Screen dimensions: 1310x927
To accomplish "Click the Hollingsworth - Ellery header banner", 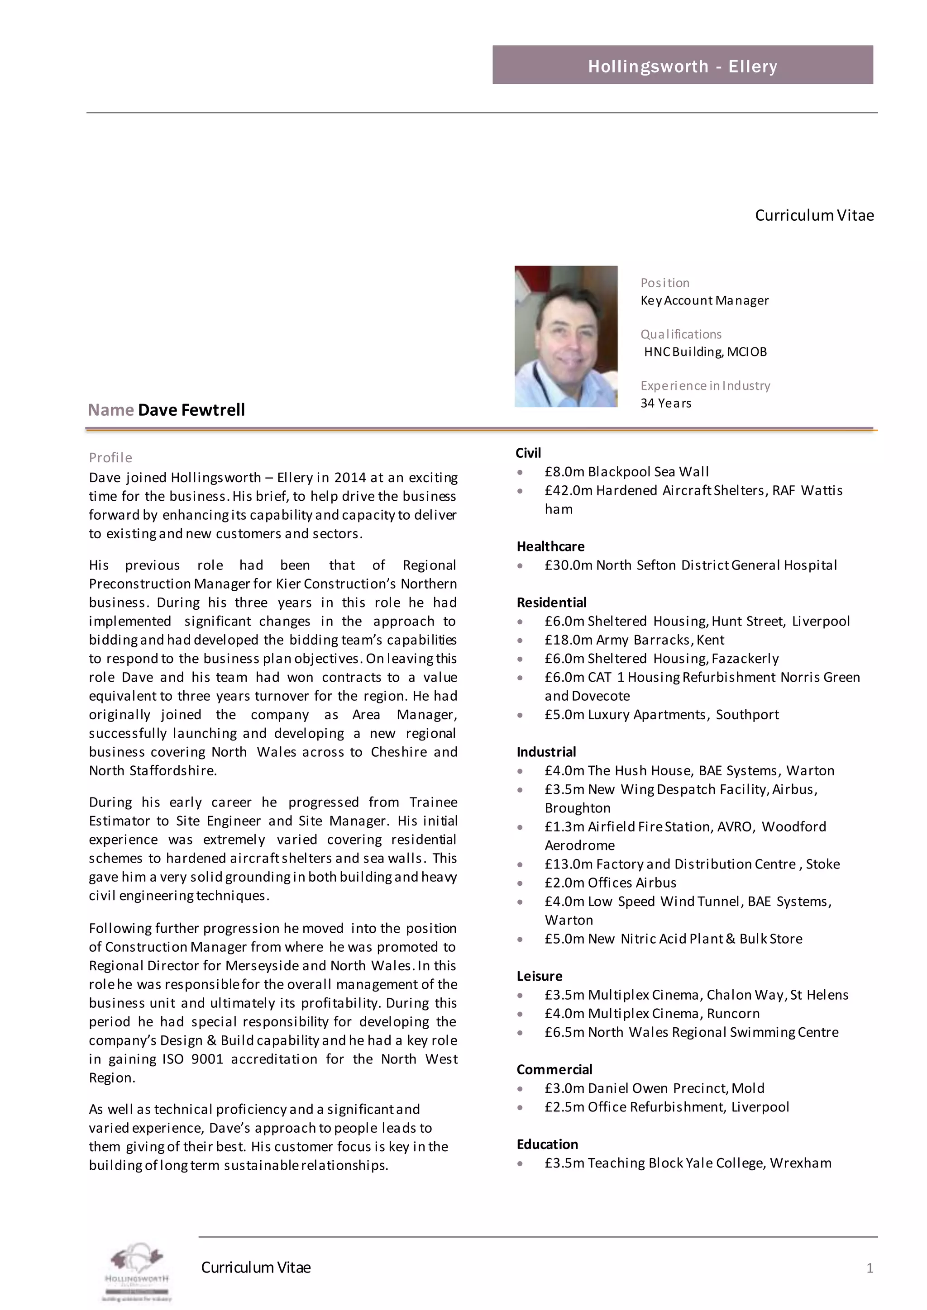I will click(682, 65).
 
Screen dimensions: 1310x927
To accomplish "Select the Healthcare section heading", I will click(550, 546).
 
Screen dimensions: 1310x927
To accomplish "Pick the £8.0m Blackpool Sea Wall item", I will click(626, 471).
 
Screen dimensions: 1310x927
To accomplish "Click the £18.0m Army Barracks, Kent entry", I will click(634, 640).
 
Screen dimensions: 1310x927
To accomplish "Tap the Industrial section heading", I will click(546, 751).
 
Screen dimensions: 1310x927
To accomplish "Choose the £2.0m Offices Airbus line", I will click(610, 883).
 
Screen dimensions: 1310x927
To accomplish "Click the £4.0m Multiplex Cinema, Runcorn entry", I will click(652, 1013).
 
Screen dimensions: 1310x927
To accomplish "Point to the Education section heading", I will click(547, 1144).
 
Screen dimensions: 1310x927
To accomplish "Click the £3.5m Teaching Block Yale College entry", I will click(687, 1163).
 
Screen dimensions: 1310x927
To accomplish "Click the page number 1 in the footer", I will click(870, 1268).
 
